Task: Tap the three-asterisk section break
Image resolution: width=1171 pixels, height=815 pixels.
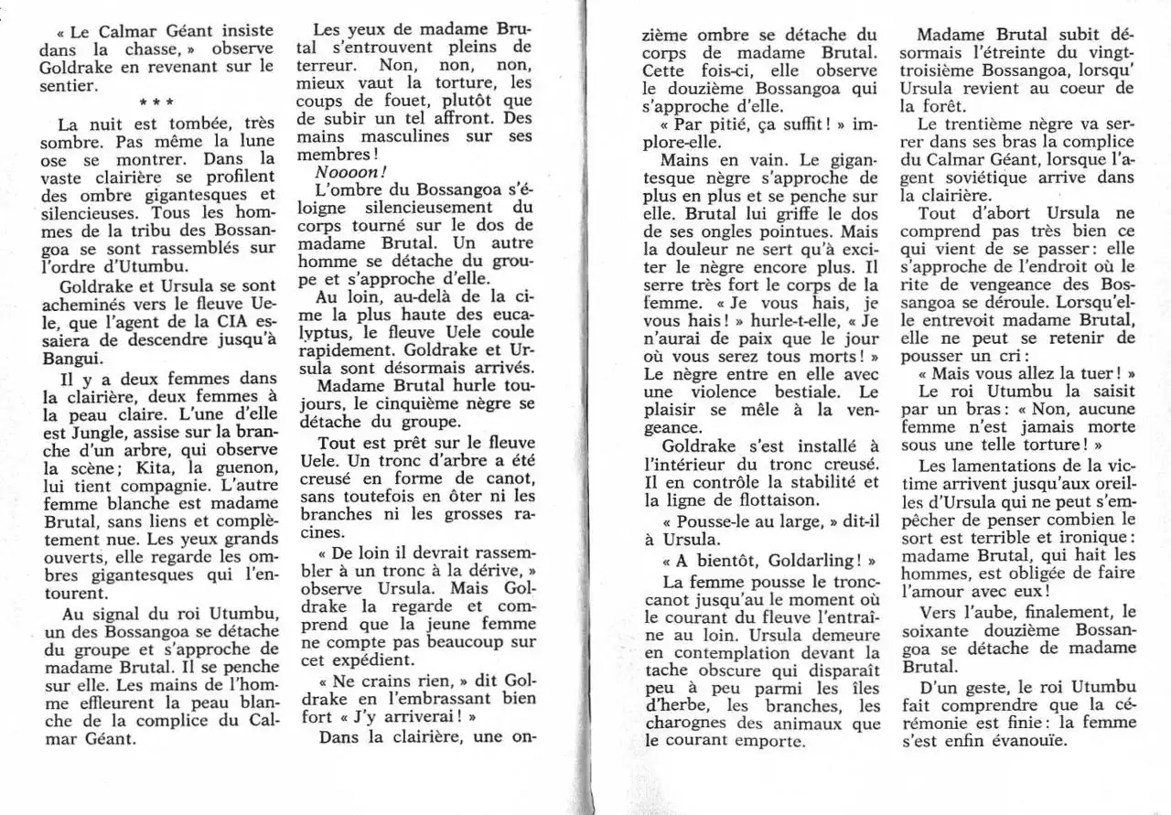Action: pos(157,102)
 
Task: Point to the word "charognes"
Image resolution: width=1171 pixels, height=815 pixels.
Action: pos(689,723)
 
